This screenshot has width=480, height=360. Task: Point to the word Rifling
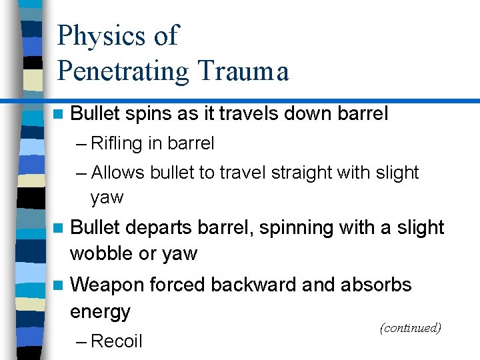click(118, 143)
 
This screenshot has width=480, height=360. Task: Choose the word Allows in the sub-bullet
click(118, 173)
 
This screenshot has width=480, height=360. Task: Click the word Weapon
click(107, 285)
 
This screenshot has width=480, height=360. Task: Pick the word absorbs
click(376, 285)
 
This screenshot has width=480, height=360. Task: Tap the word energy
click(101, 312)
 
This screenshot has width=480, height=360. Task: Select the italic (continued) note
click(410, 328)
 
